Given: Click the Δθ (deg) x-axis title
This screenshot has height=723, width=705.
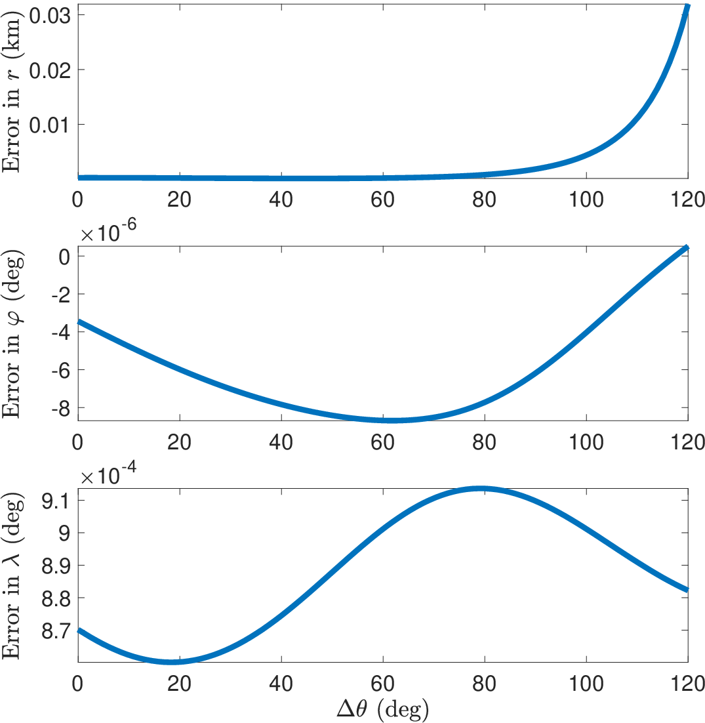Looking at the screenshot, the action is [382, 709].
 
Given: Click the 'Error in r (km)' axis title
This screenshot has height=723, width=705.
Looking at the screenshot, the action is [12, 93].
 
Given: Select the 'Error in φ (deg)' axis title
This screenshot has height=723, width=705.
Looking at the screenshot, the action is [12, 335].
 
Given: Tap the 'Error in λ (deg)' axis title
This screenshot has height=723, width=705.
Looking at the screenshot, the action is [12, 576].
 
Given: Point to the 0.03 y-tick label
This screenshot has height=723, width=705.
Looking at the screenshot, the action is [50, 16].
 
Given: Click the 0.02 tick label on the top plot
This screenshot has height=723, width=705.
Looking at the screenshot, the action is [50, 71].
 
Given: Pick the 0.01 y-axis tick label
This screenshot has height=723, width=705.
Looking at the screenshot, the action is [50, 125].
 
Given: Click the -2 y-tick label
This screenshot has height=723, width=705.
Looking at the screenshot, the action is [61, 295].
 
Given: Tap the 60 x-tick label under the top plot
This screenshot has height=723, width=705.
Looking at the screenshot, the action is [382, 200].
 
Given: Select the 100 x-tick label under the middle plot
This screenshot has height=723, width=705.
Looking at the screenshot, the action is [586, 442].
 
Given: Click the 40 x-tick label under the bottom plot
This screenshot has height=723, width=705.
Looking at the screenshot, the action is [281, 684].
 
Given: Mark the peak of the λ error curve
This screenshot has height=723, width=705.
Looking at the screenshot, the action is [481, 489].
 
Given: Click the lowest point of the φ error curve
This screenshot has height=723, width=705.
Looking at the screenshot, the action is [392, 420].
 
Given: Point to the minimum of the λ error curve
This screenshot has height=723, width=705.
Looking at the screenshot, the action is [171, 662].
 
